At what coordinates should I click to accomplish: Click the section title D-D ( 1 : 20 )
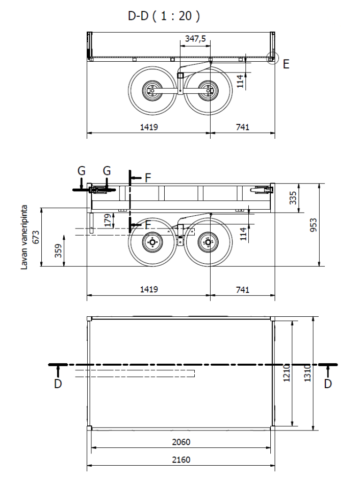coord(164,16)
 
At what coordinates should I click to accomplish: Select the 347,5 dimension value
coord(195,39)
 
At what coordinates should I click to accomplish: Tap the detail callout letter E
coord(286,64)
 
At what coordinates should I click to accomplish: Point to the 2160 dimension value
coord(181,460)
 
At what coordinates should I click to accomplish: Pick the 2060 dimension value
coord(181,442)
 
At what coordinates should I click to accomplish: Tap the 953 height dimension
coord(313,224)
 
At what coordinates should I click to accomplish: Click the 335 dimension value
coord(293,198)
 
